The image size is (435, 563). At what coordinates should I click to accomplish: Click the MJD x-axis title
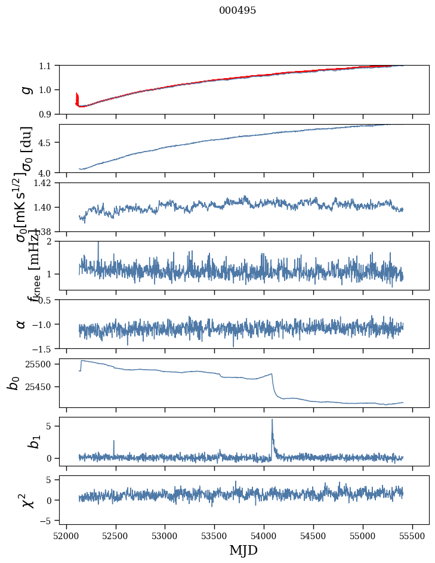coord(243,550)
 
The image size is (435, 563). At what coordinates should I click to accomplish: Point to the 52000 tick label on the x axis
coord(66,535)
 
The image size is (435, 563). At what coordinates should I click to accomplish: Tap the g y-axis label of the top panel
coord(25,89)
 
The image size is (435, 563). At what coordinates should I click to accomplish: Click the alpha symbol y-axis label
coord(21,324)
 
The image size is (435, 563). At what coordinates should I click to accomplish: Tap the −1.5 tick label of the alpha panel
coord(44,348)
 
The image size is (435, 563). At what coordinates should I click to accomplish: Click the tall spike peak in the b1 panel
coord(272,419)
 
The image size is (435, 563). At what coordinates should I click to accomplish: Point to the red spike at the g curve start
coord(77,95)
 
